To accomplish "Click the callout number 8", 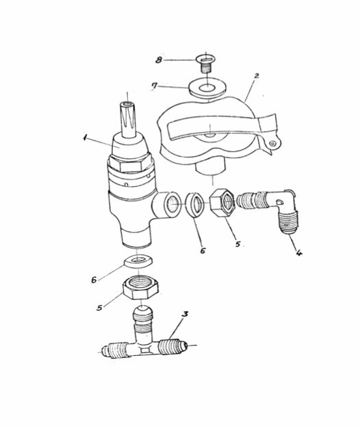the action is [159, 60].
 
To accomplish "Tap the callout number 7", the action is [155, 86].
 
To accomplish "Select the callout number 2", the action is [256, 76].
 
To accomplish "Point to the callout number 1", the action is [85, 138].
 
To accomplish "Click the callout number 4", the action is [298, 253].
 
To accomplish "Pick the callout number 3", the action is [185, 314].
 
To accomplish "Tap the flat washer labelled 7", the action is [207, 88].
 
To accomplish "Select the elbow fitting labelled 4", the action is [267, 208].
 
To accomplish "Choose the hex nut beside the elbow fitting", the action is [222, 203].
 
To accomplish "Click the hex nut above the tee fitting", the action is [140, 287].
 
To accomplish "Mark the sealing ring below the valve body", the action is [138, 261].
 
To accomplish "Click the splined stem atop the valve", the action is [128, 119].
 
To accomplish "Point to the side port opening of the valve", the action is [172, 205].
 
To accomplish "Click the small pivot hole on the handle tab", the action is [272, 143].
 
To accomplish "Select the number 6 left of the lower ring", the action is [94, 280].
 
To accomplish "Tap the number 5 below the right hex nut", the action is [238, 244].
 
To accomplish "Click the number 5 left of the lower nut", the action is [99, 307].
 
